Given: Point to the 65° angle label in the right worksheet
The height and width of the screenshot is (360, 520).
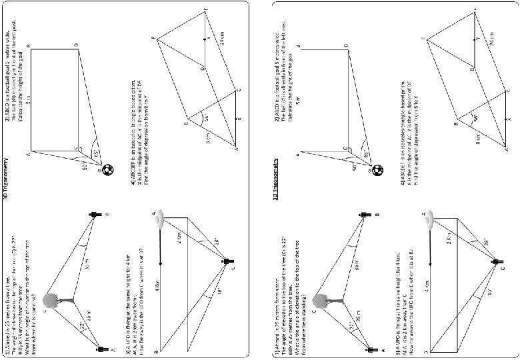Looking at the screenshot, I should pos(366,154).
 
